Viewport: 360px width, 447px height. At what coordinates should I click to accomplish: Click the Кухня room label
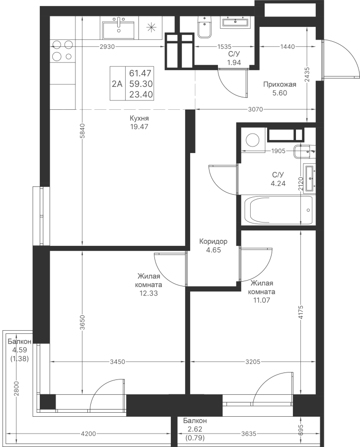tap(139, 118)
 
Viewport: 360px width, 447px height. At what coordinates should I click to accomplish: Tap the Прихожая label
tap(280, 84)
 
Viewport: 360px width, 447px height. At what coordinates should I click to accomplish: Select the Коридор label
tap(213, 242)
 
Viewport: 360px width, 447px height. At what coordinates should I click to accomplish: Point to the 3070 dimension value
tap(255, 109)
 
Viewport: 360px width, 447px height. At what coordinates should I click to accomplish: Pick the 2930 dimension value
tap(107, 47)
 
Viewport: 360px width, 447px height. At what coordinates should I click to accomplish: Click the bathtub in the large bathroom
tap(278, 210)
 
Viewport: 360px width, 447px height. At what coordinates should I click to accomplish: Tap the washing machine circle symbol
tap(253, 140)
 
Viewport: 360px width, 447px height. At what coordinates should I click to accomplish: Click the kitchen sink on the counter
tap(119, 28)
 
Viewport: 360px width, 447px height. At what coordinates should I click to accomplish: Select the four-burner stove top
tap(63, 51)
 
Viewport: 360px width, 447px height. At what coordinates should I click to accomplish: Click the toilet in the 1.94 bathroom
tap(205, 27)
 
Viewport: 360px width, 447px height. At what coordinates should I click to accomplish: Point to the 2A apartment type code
tap(117, 84)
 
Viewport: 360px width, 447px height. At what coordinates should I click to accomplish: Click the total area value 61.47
tap(140, 74)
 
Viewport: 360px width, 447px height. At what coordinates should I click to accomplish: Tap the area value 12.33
tap(148, 293)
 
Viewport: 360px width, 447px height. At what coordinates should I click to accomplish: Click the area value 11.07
tap(261, 300)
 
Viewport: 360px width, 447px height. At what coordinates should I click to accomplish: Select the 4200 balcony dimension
tap(88, 434)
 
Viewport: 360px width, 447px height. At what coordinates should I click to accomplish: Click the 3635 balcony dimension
tap(249, 434)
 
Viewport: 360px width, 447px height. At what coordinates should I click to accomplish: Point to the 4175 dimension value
tap(301, 313)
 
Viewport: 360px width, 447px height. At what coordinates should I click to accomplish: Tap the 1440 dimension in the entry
tap(288, 47)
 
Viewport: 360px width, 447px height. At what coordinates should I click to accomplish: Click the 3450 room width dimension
tap(118, 362)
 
